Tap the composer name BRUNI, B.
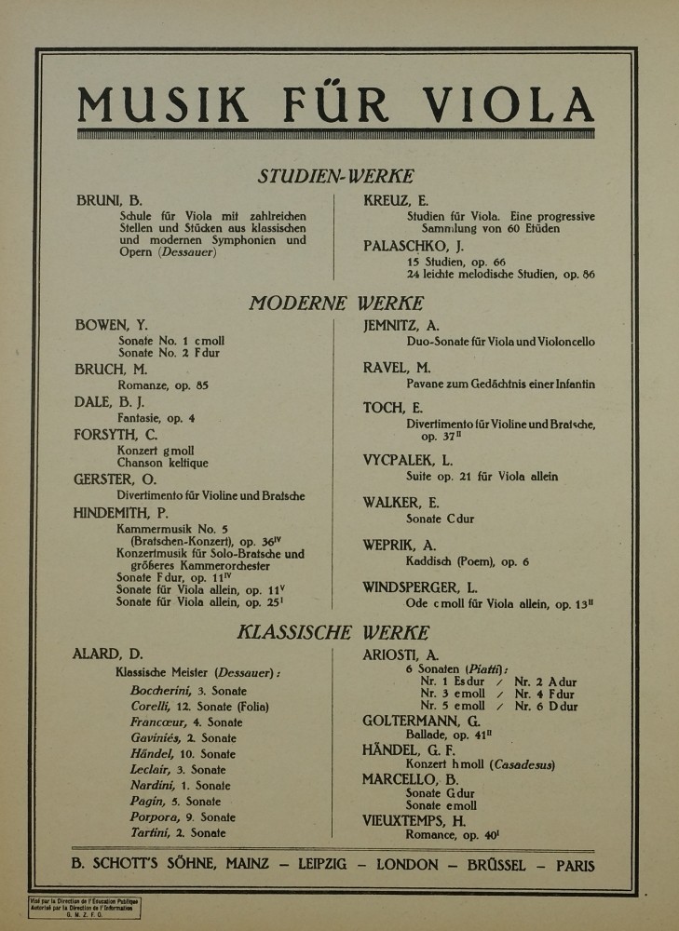[109, 200]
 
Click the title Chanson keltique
[162, 463]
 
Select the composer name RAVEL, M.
[397, 368]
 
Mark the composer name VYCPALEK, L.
[407, 460]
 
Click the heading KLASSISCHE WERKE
[333, 633]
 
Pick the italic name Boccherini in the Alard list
[161, 691]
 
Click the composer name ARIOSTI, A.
[401, 654]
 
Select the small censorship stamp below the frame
[84, 908]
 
